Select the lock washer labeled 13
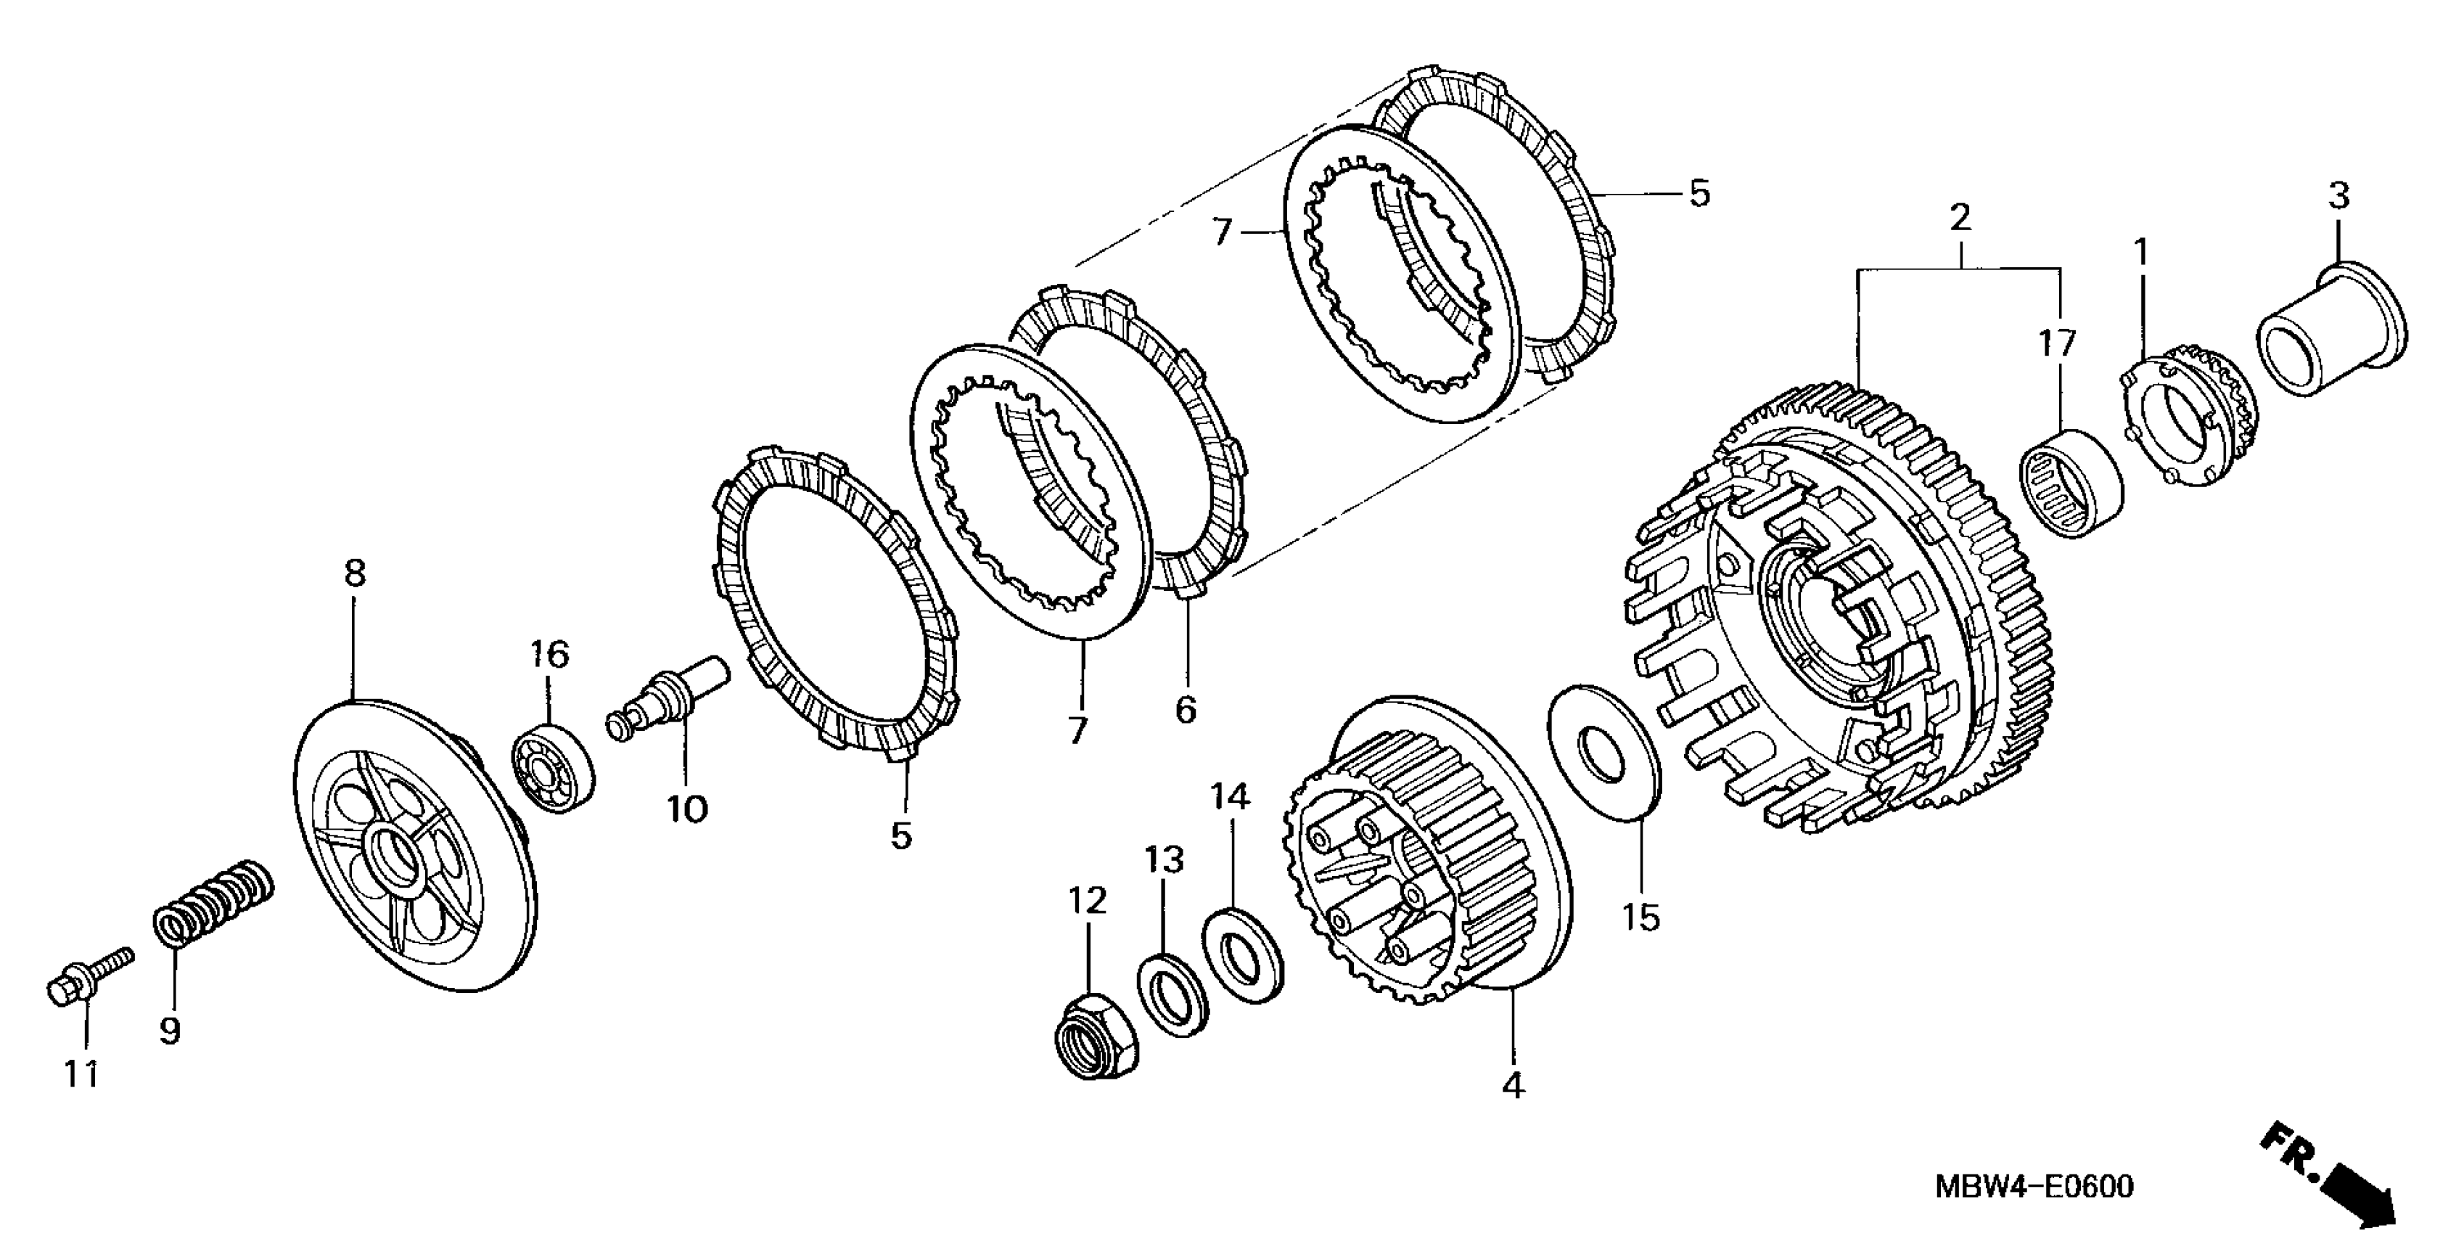(x=1172, y=993)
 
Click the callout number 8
(x=354, y=573)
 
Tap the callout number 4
(x=1512, y=1085)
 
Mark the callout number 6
(x=1185, y=708)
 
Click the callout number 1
(x=2140, y=253)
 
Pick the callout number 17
(x=2056, y=343)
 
